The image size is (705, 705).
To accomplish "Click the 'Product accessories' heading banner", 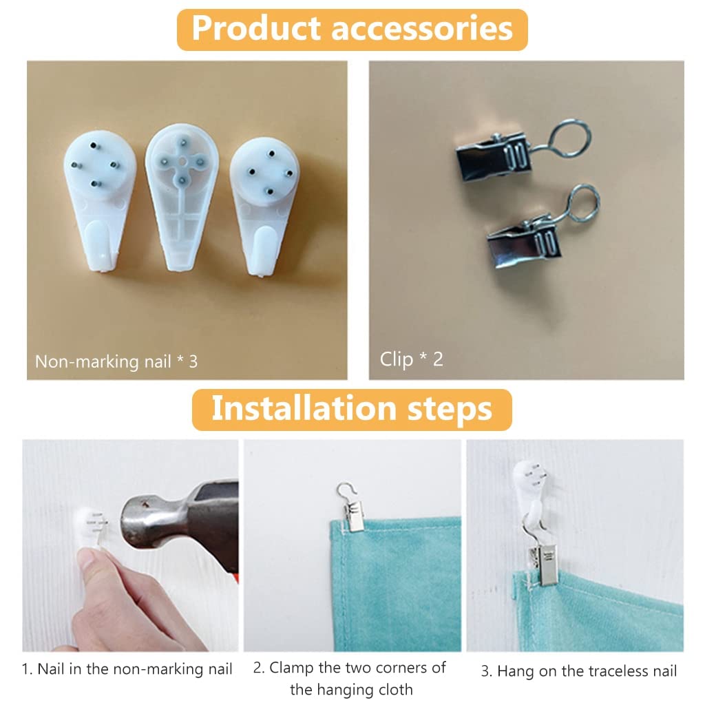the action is pyautogui.click(x=352, y=29).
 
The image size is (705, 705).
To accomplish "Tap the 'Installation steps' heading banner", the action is pyautogui.click(x=352, y=410).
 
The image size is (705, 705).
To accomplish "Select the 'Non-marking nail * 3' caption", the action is pyautogui.click(x=116, y=361).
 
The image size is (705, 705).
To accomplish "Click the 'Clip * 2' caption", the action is pyautogui.click(x=412, y=359).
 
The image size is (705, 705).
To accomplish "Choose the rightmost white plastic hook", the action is pyautogui.click(x=264, y=207).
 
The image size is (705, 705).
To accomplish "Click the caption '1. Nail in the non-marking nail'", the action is pyautogui.click(x=127, y=669).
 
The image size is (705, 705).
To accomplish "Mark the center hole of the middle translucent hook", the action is pyautogui.click(x=182, y=161).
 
